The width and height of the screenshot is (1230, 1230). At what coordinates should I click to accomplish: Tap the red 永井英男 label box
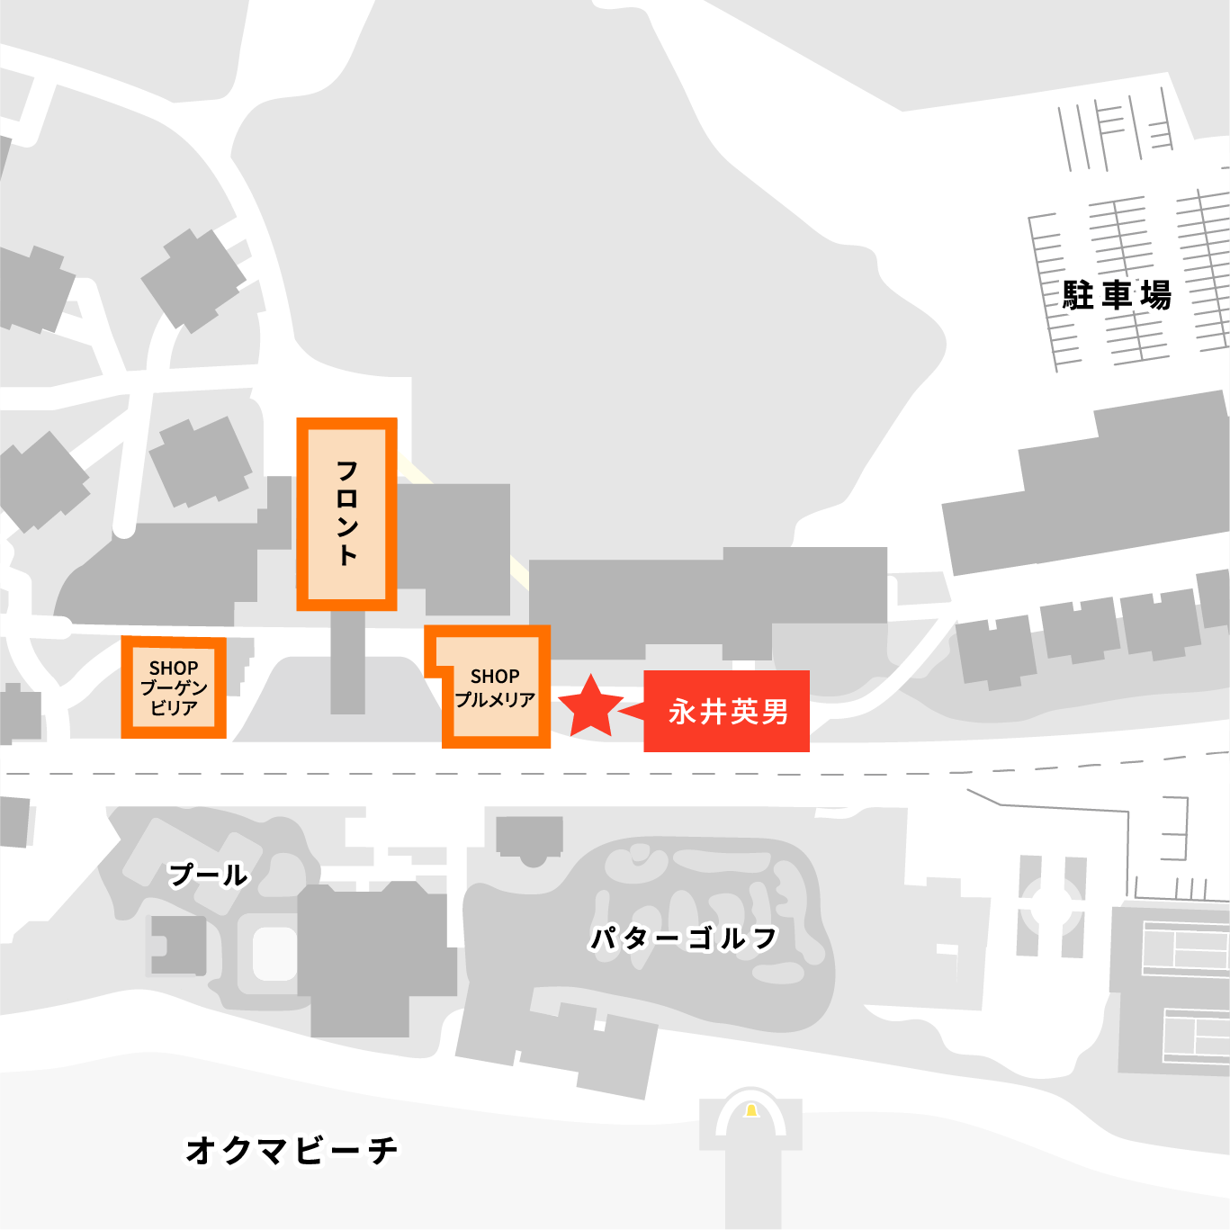[727, 711]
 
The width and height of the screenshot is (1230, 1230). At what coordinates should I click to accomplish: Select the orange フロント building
[347, 514]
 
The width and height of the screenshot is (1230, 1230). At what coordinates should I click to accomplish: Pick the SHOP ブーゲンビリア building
[174, 687]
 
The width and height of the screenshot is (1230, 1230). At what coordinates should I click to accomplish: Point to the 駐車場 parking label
[1117, 295]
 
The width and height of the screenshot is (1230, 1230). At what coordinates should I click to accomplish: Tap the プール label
[208, 874]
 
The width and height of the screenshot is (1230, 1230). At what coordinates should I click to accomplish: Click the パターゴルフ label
[683, 938]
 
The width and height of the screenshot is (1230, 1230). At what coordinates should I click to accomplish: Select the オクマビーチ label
[292, 1150]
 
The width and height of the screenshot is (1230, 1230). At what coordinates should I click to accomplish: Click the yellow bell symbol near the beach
[751, 1111]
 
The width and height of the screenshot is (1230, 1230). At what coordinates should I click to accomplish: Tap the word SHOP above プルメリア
[495, 677]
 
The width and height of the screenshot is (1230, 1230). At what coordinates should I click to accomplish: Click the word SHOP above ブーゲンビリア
[174, 669]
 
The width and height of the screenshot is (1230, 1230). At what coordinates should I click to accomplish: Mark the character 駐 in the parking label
[1078, 295]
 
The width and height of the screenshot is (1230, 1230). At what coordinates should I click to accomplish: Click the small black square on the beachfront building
[599, 1026]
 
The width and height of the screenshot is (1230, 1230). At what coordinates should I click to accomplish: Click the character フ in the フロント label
[347, 471]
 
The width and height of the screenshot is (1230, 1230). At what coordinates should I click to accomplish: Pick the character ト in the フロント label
[347, 555]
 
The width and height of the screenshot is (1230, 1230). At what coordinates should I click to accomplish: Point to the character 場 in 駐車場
[1156, 295]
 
